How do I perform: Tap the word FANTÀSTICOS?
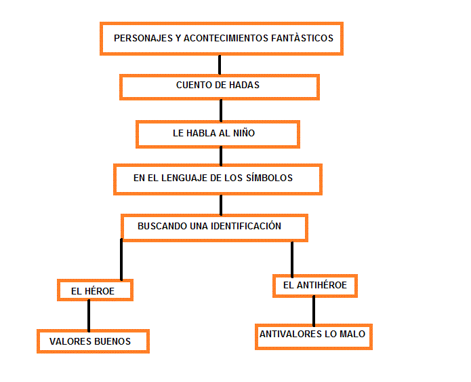click(x=302, y=38)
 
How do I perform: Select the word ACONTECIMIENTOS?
click(x=226, y=38)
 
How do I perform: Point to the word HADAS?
click(x=244, y=85)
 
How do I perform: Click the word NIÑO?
click(x=244, y=132)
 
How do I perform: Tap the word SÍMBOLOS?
click(x=269, y=178)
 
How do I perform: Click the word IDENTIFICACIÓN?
click(x=246, y=225)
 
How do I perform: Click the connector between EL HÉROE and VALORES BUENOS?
click(x=89, y=316)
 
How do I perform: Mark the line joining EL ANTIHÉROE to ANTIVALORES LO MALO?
click(x=314, y=311)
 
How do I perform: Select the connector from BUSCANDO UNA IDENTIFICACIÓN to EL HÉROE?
click(x=121, y=260)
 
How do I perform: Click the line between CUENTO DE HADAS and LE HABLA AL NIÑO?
click(x=221, y=111)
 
